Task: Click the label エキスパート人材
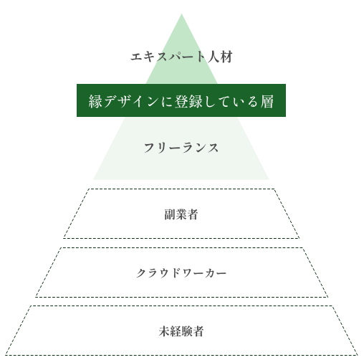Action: click(181, 57)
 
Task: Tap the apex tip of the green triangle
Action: click(181, 14)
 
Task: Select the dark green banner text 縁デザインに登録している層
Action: click(181, 101)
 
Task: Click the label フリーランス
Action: click(181, 148)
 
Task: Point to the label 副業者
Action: click(181, 214)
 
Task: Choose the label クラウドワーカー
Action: click(181, 273)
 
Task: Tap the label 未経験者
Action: click(181, 331)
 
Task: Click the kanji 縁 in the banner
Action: click(95, 101)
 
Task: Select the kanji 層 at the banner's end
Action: click(267, 101)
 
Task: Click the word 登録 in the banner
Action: click(188, 101)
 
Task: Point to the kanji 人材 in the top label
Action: click(220, 57)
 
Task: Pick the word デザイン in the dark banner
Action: click(130, 101)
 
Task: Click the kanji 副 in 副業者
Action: click(170, 214)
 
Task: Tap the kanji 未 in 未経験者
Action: click(164, 331)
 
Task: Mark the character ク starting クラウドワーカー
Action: click(141, 273)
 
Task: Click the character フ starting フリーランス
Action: click(149, 148)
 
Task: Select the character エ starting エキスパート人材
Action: click(136, 57)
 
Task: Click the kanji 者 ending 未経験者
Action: click(198, 331)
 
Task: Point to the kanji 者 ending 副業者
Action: click(193, 214)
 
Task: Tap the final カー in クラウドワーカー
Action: click(215, 273)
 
